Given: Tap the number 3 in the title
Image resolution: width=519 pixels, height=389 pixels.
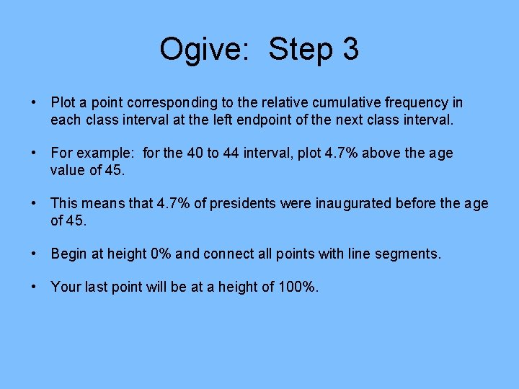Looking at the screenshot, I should [x=350, y=50].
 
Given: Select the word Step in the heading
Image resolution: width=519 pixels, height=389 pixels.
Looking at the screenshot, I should [x=303, y=50].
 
